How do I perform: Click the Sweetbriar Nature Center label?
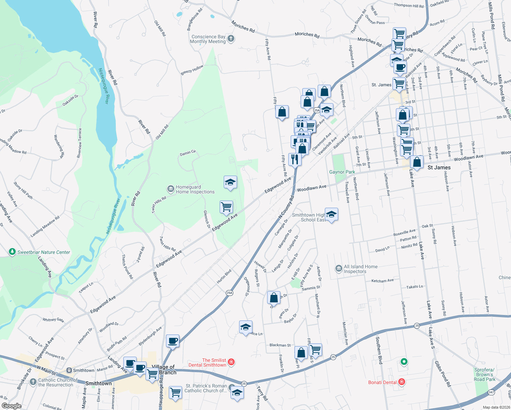[x=44, y=252]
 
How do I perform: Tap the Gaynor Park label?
[x=342, y=172]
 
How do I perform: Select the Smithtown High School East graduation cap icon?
[x=331, y=215]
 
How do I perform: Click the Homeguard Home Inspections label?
[x=195, y=190]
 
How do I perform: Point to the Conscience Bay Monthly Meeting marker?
[x=231, y=38]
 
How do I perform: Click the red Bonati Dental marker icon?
[x=402, y=382]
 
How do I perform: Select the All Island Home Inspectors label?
[x=360, y=269]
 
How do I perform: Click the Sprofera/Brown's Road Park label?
[x=484, y=374]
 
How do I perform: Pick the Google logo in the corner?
[x=11, y=406]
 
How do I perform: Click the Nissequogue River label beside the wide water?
[x=103, y=86]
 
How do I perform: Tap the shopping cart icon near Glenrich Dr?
[x=226, y=207]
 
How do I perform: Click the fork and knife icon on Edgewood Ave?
[x=294, y=159]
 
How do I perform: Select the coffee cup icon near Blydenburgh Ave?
[x=173, y=341]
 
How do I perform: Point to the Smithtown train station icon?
[x=69, y=370]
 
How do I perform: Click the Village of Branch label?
[x=164, y=369]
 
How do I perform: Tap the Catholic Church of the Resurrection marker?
[x=33, y=382]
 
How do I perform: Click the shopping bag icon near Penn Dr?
[x=274, y=298]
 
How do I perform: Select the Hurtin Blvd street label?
[x=224, y=276]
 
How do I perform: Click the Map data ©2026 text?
[x=496, y=407]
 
